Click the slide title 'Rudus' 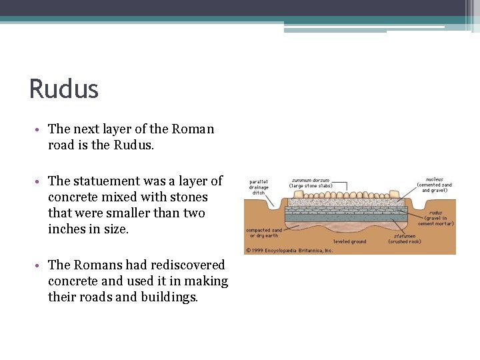64,89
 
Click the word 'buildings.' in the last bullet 169,297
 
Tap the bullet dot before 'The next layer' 41,129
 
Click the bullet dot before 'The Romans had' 41,265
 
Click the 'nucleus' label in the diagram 434,179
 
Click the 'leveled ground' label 349,241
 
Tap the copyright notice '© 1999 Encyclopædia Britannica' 290,251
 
